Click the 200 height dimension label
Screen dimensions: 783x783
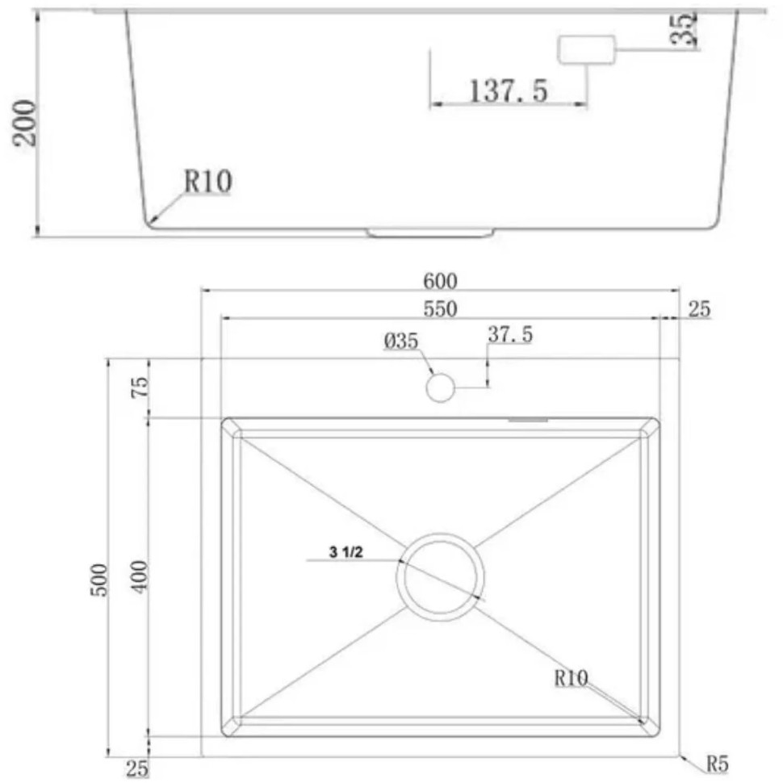pos(27,122)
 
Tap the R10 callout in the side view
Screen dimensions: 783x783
pos(207,182)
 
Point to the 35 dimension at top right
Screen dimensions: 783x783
pos(684,30)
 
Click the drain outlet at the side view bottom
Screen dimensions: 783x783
pos(429,233)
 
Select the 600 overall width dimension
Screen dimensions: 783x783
pos(441,281)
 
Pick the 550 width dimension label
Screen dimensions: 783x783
pos(441,309)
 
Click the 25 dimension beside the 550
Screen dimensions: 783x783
pos(699,309)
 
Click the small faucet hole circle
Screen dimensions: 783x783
pos(441,387)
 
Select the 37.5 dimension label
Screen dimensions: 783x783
pos(509,334)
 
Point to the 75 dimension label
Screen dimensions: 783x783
pos(139,387)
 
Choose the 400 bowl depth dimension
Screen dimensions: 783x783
pos(139,576)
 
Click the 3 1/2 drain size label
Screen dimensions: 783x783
pos(345,553)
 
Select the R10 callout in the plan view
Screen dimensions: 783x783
pos(572,678)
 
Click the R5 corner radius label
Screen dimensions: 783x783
pos(717,763)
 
